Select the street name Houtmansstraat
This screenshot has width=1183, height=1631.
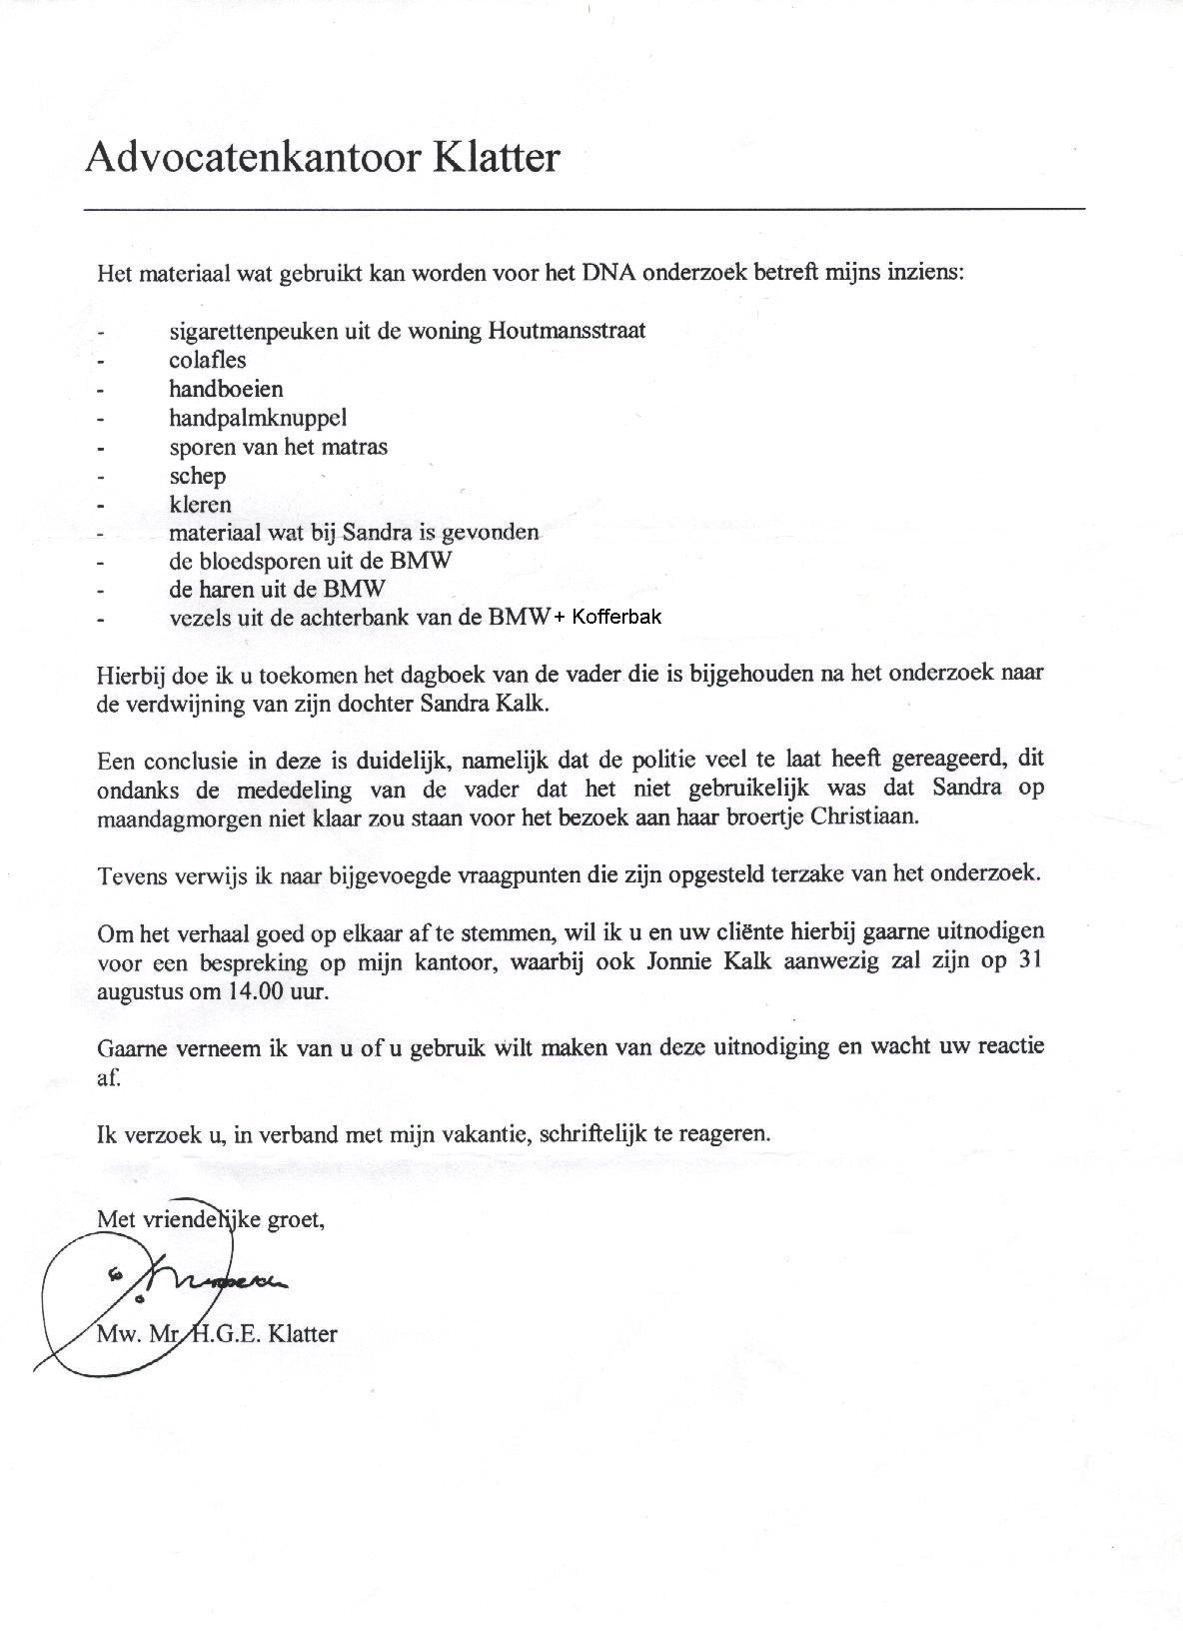pos(567,331)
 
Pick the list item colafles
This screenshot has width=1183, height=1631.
pos(207,360)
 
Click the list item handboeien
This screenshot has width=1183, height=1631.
pos(226,389)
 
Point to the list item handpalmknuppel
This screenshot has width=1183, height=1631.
pos(258,418)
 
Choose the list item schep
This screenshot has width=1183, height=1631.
pos(197,476)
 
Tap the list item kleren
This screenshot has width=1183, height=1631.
pos(200,505)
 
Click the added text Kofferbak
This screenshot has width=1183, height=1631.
pos(617,618)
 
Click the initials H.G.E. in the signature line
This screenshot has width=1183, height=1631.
pos(224,1333)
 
